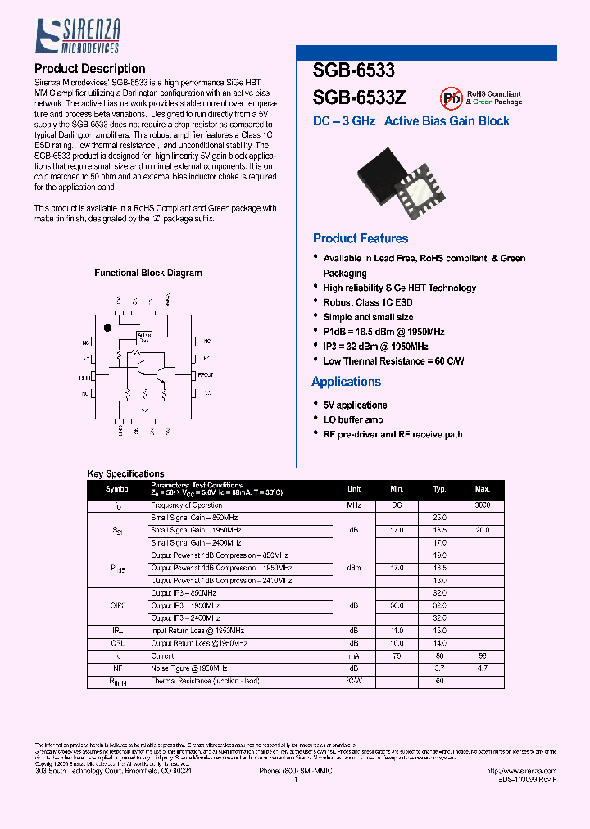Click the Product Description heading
pos(90,69)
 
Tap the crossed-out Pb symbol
pos(451,98)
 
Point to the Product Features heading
pos(361,238)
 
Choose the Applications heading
pos(347,382)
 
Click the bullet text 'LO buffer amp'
pos(353,419)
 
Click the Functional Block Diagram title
pos(148,273)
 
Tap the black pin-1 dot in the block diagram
pos(107,328)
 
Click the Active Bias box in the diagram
pos(144,337)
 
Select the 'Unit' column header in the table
pos(354,489)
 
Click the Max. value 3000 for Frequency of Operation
pos(482,505)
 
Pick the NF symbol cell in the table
pos(117,668)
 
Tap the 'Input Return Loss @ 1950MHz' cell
pos(197,631)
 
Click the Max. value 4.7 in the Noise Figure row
pos(482,668)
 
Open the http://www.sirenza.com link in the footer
pos(521,771)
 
